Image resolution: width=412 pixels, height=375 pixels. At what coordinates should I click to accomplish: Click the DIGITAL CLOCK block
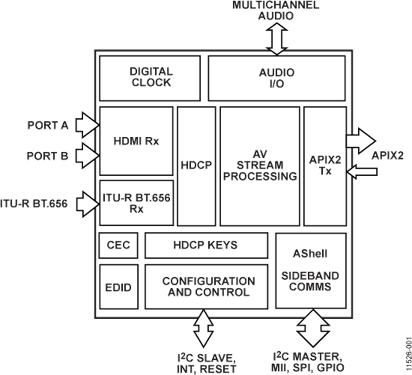point(150,77)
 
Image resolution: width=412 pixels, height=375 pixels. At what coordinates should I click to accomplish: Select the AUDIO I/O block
point(276,77)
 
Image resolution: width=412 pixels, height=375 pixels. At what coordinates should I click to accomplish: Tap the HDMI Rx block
point(136,140)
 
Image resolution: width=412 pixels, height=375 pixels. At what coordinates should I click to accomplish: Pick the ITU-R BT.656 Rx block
point(136,202)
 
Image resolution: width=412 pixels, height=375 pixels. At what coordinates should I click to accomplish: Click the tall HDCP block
point(196,166)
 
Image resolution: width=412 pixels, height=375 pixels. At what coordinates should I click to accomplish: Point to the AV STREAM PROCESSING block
point(260,166)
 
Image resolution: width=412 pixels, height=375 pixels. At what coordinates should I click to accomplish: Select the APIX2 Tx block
point(325,166)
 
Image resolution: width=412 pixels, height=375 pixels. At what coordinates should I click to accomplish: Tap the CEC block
point(118,245)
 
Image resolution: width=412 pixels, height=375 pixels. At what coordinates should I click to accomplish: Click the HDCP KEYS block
point(206,245)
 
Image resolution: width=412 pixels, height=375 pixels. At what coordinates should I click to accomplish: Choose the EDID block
point(118,287)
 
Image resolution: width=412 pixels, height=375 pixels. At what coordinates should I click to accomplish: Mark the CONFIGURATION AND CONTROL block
point(206,287)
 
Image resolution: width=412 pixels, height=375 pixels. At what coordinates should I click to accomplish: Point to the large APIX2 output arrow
point(361,140)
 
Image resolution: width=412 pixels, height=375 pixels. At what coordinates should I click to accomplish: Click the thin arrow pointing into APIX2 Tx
point(362,171)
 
